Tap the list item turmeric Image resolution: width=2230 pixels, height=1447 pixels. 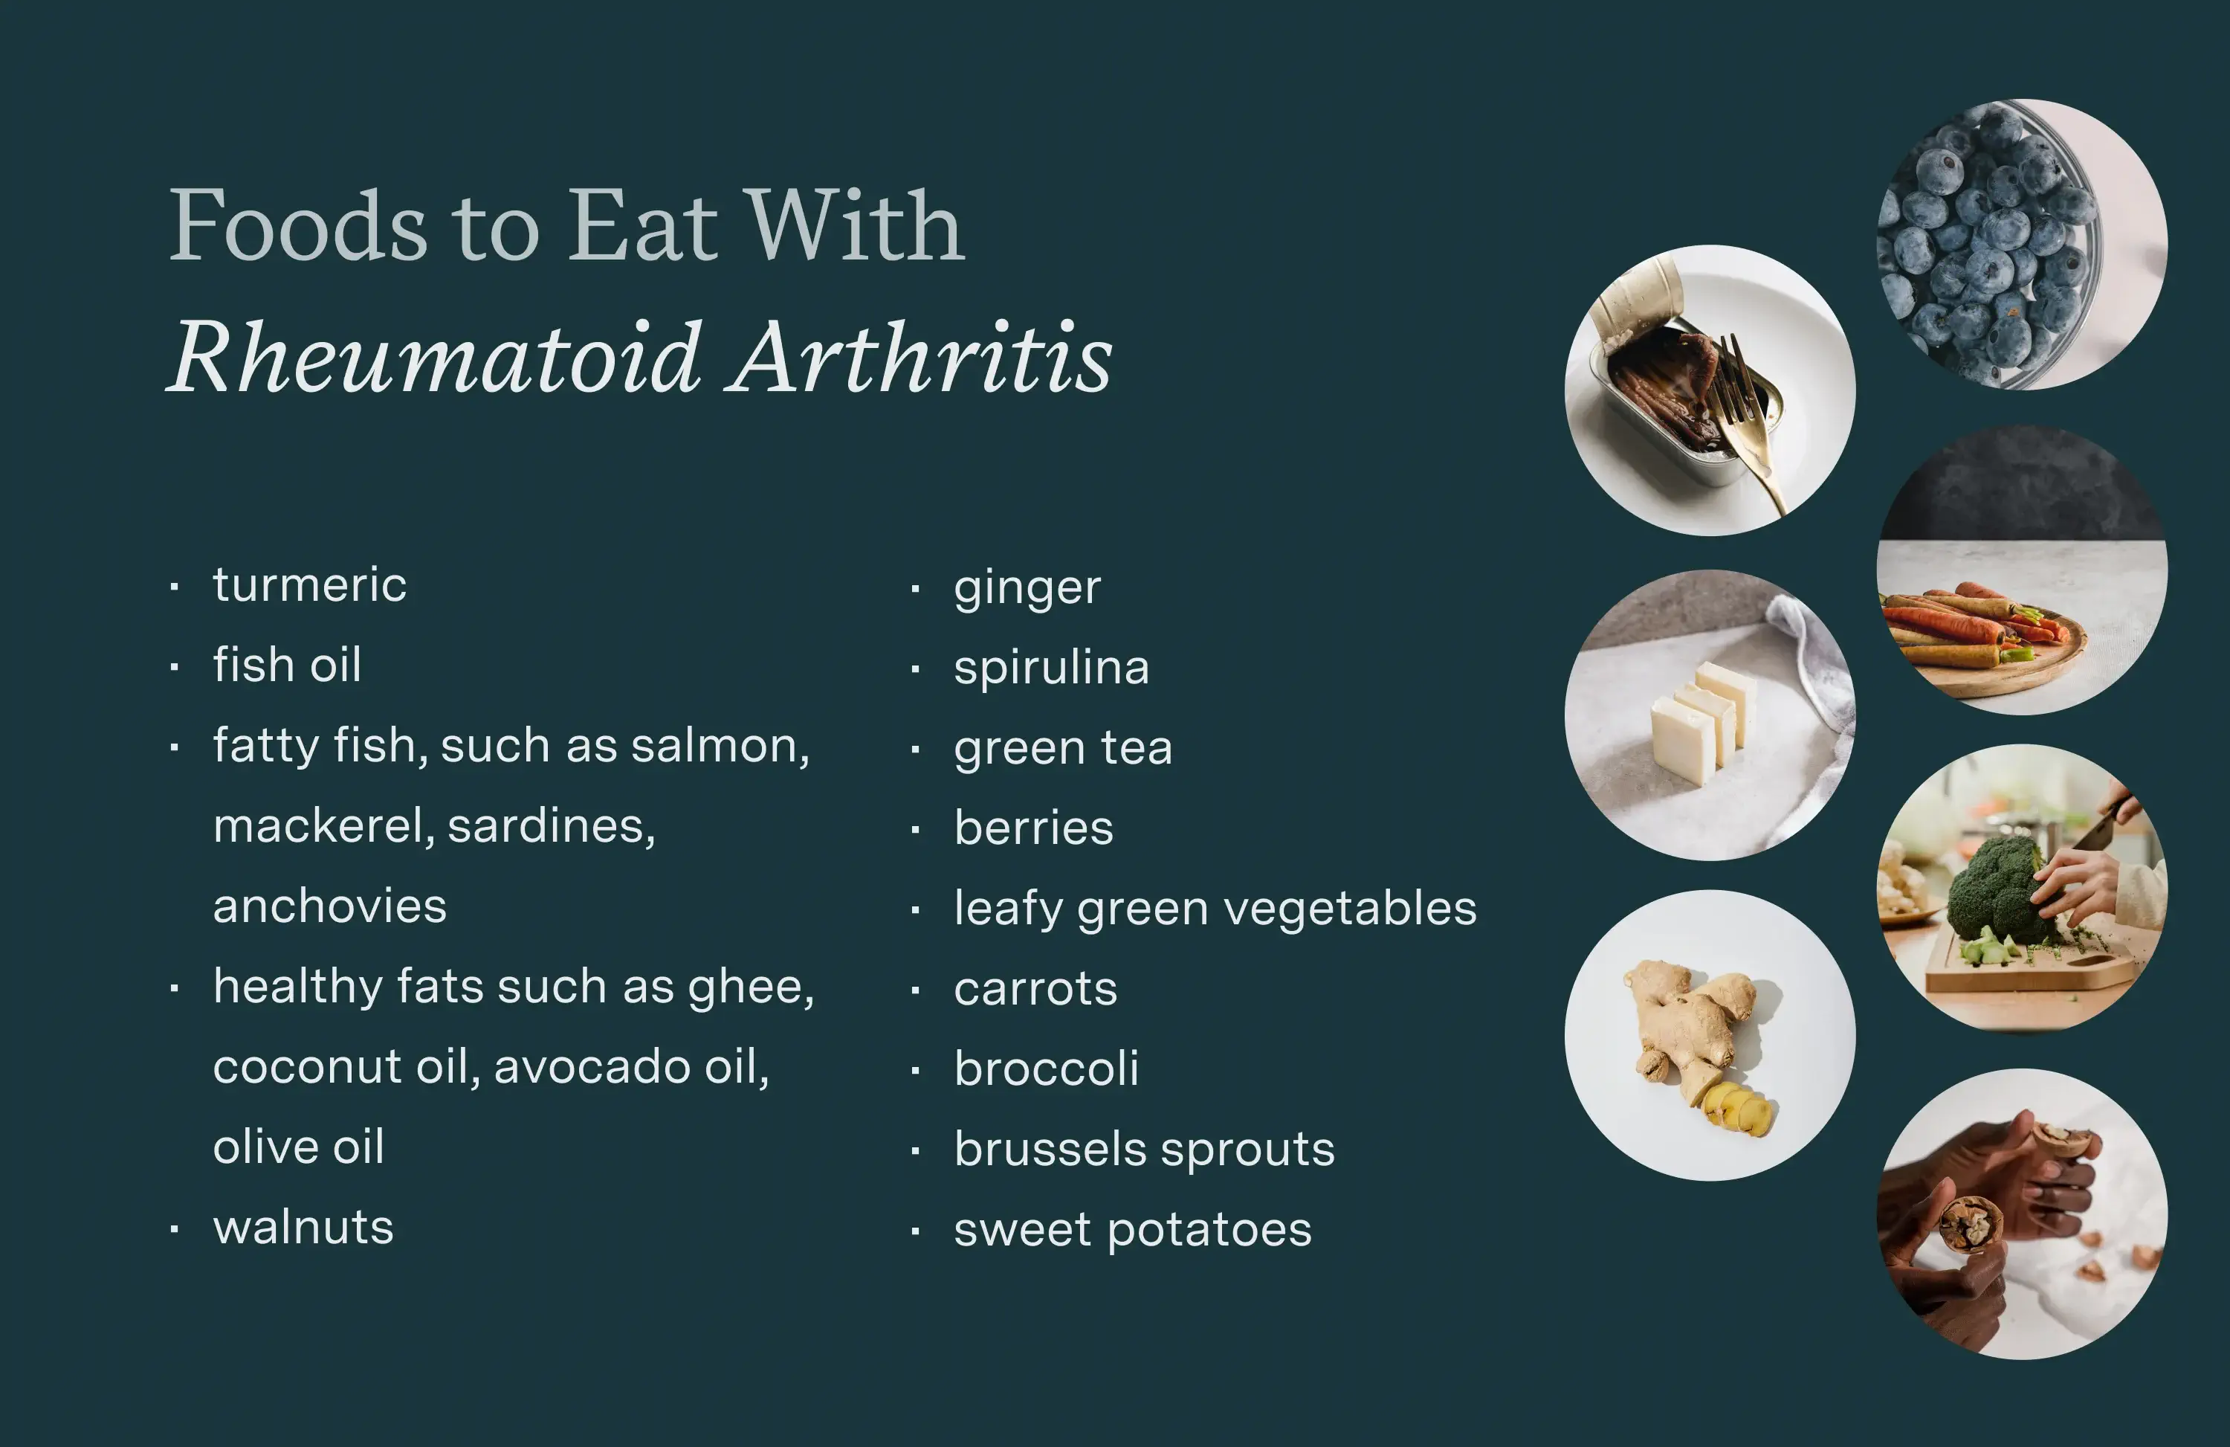tap(310, 584)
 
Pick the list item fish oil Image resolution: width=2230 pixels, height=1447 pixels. tap(287, 666)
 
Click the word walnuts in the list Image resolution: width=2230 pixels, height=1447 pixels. tap(303, 1228)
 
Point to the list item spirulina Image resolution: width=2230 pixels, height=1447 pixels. tap(1051, 668)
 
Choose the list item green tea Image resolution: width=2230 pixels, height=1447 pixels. tap(1062, 749)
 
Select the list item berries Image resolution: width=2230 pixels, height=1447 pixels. tap(1033, 828)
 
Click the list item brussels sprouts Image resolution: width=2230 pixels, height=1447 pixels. tap(1144, 1150)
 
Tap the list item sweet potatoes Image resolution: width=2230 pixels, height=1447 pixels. tap(1133, 1231)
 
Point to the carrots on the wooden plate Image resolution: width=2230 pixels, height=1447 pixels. tap(1968, 628)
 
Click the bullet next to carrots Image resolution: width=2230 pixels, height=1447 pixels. tap(916, 990)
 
